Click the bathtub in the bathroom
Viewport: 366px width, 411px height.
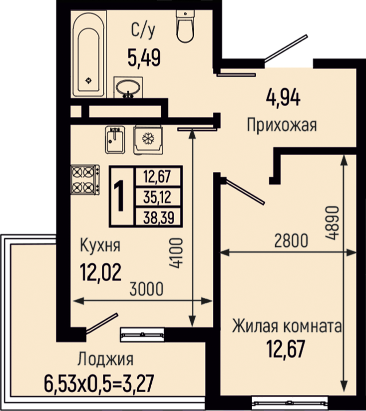88,53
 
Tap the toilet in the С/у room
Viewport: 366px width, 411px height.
185,26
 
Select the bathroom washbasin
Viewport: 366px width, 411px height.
128,87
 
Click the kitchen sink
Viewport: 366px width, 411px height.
115,139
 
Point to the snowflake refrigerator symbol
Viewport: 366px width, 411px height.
148,138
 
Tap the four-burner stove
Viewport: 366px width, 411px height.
85,180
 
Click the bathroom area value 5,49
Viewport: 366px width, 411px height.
144,58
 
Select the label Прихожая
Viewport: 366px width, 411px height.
282,125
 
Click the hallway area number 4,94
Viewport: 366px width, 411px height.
283,97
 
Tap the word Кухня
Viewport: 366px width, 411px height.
100,245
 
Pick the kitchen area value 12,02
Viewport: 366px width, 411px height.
101,272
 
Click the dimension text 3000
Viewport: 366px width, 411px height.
146,288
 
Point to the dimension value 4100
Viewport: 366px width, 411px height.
175,252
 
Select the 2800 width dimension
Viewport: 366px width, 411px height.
291,240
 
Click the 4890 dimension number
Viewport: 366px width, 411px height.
332,223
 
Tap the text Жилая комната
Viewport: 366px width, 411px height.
287,326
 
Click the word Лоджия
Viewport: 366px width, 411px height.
105,359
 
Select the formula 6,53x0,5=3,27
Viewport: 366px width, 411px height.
99,383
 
